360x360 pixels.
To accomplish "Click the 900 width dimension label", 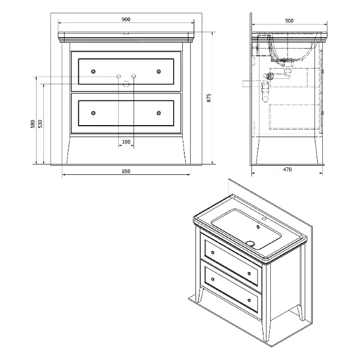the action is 126,19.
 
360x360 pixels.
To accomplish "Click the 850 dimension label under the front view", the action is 126,171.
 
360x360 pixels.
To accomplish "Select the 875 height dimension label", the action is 209,98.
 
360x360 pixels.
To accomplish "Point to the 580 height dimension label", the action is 33,124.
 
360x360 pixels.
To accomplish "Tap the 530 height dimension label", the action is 40,124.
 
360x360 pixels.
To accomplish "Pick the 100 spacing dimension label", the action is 126,142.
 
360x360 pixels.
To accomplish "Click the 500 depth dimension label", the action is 289,21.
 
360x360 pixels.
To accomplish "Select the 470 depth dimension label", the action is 287,170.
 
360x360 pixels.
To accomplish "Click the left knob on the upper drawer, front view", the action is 93,71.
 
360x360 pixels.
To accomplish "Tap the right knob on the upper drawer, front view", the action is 159,71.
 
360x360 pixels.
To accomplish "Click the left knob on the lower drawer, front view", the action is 93,113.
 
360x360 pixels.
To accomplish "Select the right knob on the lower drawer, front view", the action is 159,113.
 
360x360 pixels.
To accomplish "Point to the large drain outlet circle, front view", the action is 126,84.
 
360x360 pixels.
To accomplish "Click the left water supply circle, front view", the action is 119,76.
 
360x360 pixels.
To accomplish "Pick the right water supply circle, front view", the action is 134,76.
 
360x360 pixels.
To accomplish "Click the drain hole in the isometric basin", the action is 250,243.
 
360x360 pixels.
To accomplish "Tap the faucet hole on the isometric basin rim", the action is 263,218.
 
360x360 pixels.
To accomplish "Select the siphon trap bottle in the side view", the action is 265,92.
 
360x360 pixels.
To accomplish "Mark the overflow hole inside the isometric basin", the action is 258,227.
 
